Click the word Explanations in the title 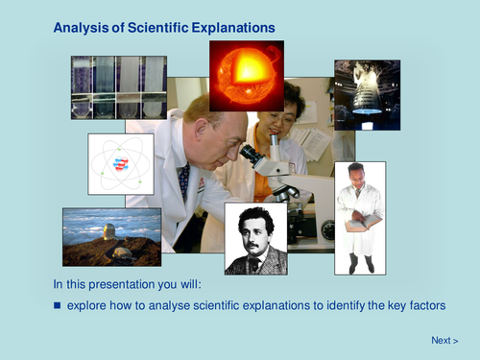[x=230, y=29]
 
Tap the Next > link [x=444, y=340]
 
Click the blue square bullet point [x=57, y=306]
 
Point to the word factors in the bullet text [x=427, y=306]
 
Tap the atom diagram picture [x=120, y=163]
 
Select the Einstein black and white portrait [x=255, y=238]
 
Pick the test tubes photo [x=118, y=87]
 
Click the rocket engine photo [x=366, y=94]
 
